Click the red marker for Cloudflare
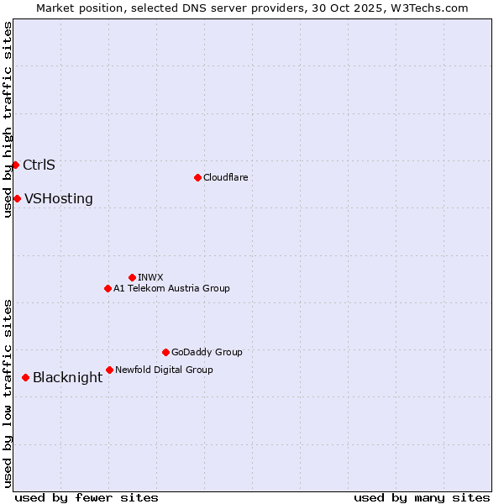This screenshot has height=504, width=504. [197, 177]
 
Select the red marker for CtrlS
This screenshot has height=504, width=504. [15, 165]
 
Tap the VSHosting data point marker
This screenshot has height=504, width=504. [17, 198]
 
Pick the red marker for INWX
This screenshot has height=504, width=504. [132, 277]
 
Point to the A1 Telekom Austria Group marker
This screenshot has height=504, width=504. [108, 288]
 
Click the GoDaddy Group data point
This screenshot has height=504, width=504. [165, 352]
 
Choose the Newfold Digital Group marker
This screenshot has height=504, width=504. [109, 370]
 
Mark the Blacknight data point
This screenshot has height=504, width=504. [25, 377]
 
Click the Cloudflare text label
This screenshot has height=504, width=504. [225, 177]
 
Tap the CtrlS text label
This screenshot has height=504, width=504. [39, 165]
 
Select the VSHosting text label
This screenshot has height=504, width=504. [58, 199]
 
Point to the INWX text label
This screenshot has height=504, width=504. [150, 277]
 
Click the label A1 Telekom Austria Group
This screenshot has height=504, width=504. [171, 288]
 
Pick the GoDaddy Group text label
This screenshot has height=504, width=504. [207, 352]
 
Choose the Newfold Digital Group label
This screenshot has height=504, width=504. [164, 370]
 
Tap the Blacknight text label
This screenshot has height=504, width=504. [67, 378]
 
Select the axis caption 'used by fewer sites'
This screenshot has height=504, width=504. [87, 497]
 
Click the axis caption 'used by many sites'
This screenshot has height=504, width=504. [422, 497]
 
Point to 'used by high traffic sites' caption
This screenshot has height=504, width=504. [8, 119]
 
